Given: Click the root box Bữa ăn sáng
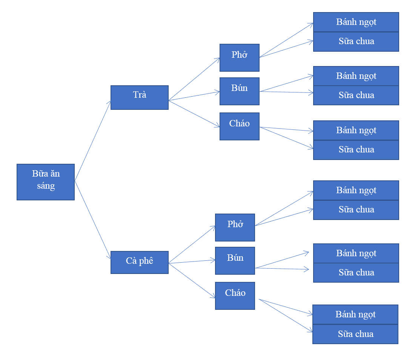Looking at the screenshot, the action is pos(46,182).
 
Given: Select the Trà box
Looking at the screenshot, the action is pos(140,97).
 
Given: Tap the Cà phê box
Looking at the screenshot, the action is pos(140,262).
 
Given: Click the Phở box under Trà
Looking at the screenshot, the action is pos(240,58).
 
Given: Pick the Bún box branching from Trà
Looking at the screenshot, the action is pos(240,91).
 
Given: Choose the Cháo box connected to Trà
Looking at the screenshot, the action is pos(240,126).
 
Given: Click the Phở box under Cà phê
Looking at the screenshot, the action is pos(235,228).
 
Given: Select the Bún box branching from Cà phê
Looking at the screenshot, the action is pos(235,261).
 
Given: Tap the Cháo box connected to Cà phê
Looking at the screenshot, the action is pos(235,296).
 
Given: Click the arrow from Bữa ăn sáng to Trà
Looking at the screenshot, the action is pos(93,141).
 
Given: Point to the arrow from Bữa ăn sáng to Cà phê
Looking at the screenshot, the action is pos(93,220).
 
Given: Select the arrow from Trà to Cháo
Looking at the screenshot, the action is pos(194,114).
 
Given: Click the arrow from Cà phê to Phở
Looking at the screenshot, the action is pos(192,244).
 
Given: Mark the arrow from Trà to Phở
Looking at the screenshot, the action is pos(194,79).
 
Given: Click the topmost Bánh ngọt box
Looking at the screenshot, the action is pos(356,22).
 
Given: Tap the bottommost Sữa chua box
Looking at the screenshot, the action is pos(355,334).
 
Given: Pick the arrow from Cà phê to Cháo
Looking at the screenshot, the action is pos(192,281).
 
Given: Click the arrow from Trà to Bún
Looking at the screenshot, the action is pos(194,96).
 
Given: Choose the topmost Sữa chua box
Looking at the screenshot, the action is pos(356,42).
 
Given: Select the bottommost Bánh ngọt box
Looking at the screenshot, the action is pos(355,314).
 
